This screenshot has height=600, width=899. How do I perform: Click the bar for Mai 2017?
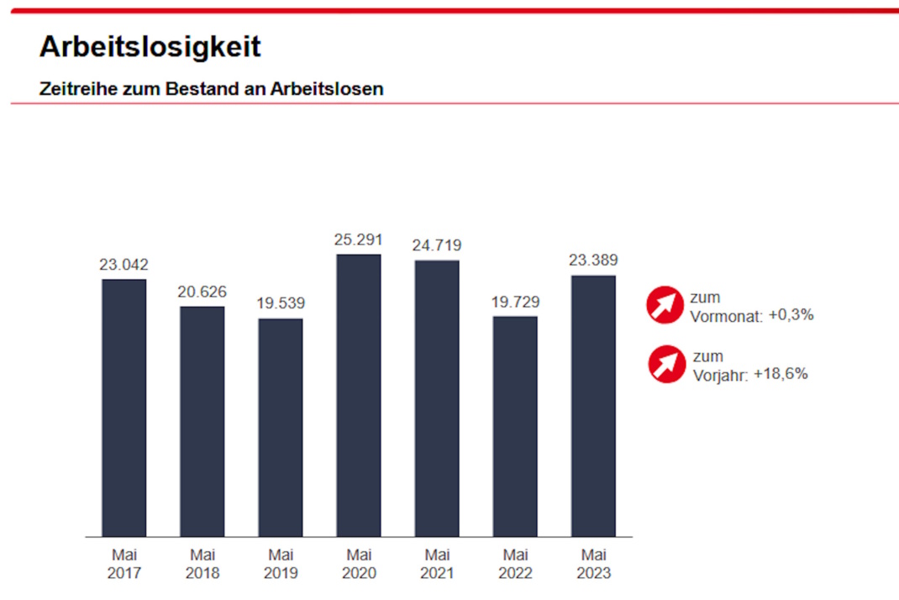(x=124, y=408)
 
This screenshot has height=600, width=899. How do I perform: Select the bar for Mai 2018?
(x=202, y=421)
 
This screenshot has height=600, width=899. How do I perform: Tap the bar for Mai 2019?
(x=280, y=427)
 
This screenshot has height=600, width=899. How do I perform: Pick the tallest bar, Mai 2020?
(x=359, y=395)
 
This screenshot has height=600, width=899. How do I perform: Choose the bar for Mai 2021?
(x=437, y=398)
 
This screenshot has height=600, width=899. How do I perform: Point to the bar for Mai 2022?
(x=515, y=426)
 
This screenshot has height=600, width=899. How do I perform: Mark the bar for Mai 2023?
(x=593, y=406)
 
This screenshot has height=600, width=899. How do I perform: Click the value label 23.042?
(x=124, y=264)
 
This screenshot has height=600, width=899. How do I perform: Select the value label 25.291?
(x=359, y=239)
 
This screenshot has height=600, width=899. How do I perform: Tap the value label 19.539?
(x=280, y=303)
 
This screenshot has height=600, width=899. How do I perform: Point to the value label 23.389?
(x=593, y=261)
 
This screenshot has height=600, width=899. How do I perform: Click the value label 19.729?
(x=515, y=302)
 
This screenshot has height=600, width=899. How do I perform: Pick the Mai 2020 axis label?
(x=359, y=565)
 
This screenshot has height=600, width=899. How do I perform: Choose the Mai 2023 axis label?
(x=593, y=565)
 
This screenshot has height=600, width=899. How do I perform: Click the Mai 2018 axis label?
(x=202, y=565)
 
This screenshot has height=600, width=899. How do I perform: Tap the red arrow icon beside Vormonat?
(x=665, y=304)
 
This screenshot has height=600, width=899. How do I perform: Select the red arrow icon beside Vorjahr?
(x=667, y=364)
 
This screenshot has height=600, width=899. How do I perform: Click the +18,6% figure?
(x=781, y=374)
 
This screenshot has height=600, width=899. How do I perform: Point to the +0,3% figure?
(x=791, y=315)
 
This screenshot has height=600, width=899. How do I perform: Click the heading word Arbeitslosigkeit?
(x=150, y=46)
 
